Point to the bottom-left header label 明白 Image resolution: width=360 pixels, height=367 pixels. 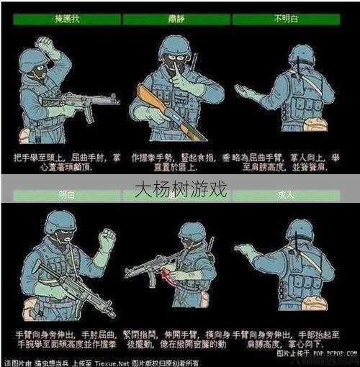66,194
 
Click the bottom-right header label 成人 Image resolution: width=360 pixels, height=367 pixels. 296,194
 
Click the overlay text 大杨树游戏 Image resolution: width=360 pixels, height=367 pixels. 180,190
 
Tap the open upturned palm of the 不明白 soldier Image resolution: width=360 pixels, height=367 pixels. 247,91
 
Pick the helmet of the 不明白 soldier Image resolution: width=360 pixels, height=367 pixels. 301,54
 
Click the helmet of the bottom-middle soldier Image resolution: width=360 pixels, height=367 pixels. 192,231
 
